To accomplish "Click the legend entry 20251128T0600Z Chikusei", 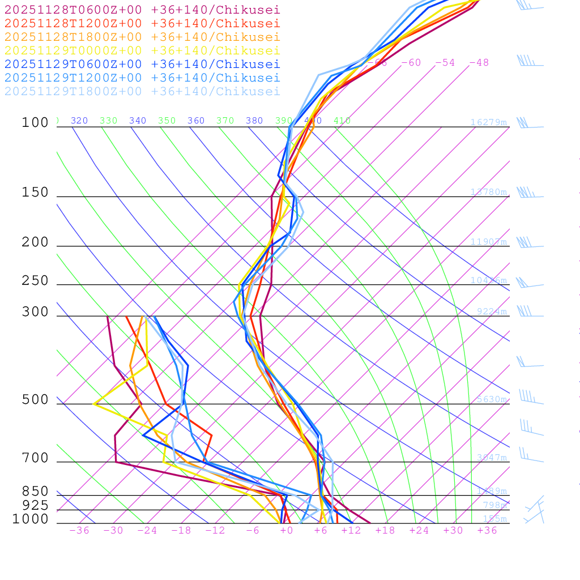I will (x=142, y=10).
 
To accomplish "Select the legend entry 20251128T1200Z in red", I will (x=142, y=23).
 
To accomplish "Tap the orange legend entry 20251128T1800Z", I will (x=142, y=37).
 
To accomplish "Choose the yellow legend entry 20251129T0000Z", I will (x=142, y=50).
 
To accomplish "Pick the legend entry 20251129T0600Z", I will (x=142, y=64).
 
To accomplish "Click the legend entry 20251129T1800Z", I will (x=142, y=91).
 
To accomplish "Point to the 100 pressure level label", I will (x=35, y=123).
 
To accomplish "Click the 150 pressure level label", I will (x=35, y=193).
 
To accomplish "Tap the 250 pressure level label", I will (x=35, y=281).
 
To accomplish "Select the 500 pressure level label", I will (x=35, y=400).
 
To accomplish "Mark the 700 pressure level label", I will (x=35, y=458).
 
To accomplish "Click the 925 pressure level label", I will (x=35, y=505).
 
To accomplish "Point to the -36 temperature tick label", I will (x=79, y=530).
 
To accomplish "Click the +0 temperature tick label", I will (x=287, y=530).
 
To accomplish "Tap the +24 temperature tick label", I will (x=419, y=530).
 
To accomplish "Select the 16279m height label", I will (x=488, y=122).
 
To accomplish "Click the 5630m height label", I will (x=491, y=399).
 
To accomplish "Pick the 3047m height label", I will (x=491, y=457).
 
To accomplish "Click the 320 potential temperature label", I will (x=79, y=121).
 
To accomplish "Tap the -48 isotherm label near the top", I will (x=479, y=62).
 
